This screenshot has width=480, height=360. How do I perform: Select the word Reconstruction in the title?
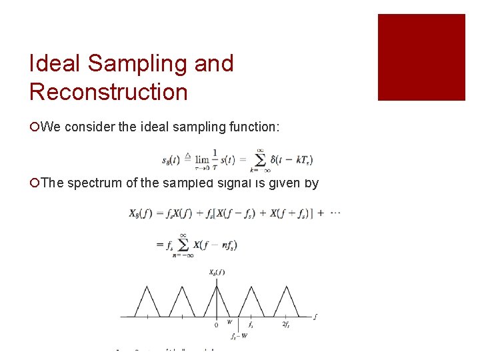click(108, 92)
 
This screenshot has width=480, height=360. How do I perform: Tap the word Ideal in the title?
click(56, 64)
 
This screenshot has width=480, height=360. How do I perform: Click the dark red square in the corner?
click(421, 57)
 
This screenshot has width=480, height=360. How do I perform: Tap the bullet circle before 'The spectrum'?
click(34, 183)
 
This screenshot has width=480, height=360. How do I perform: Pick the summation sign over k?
click(261, 159)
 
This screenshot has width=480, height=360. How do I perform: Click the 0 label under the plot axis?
click(217, 325)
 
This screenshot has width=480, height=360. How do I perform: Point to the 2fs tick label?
click(286, 325)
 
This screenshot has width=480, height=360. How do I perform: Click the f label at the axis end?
click(315, 316)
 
